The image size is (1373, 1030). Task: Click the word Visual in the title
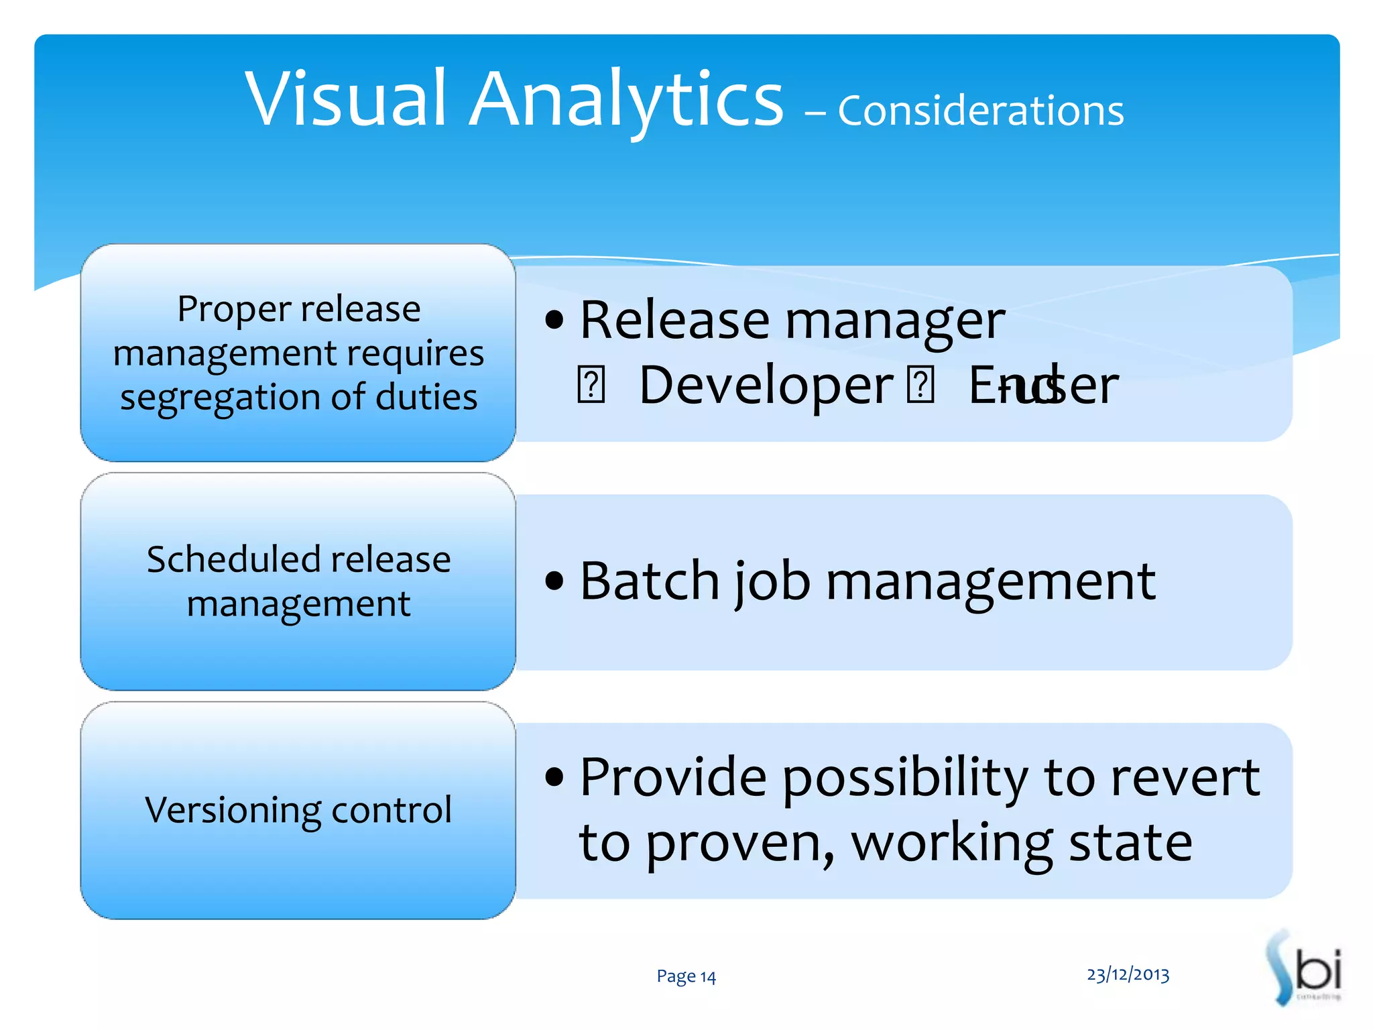[x=345, y=99]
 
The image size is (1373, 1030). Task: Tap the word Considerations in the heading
[x=980, y=111]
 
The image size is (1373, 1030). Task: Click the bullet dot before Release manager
[x=554, y=321]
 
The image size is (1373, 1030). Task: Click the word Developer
[x=766, y=386]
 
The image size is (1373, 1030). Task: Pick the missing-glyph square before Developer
[x=591, y=386]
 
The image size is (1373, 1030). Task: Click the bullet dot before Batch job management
[x=554, y=581]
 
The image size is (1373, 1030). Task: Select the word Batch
[x=649, y=581]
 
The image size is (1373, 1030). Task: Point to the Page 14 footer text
[x=686, y=976]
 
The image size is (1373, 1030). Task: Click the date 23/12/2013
[x=1128, y=974]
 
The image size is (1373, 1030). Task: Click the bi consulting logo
[x=1304, y=969]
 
